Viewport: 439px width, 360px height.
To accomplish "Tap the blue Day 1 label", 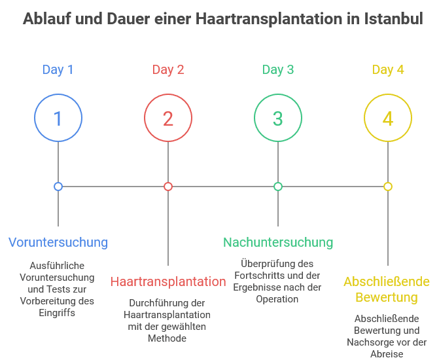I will [58, 69].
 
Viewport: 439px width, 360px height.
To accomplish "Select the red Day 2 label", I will [168, 69].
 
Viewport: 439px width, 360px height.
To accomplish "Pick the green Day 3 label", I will [278, 69].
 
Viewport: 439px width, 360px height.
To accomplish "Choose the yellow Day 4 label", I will [388, 69].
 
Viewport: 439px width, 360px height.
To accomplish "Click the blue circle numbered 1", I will [58, 118].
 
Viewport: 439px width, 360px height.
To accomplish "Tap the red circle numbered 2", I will [168, 118].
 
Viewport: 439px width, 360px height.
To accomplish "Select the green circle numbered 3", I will [278, 118].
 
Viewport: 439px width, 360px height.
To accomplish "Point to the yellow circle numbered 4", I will [388, 118].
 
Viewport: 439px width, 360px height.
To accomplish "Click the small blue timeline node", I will [58, 187].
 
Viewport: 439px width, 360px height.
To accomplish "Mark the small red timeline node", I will [168, 187].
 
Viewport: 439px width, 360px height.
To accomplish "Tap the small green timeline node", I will [278, 187].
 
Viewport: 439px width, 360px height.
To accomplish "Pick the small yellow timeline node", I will [388, 187].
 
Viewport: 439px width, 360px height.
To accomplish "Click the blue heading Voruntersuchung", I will [58, 242].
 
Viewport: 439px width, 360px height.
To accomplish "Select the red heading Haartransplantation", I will [168, 282].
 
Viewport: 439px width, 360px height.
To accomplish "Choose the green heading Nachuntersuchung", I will [278, 242].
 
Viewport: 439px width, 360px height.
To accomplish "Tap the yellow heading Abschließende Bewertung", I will [387, 290].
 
